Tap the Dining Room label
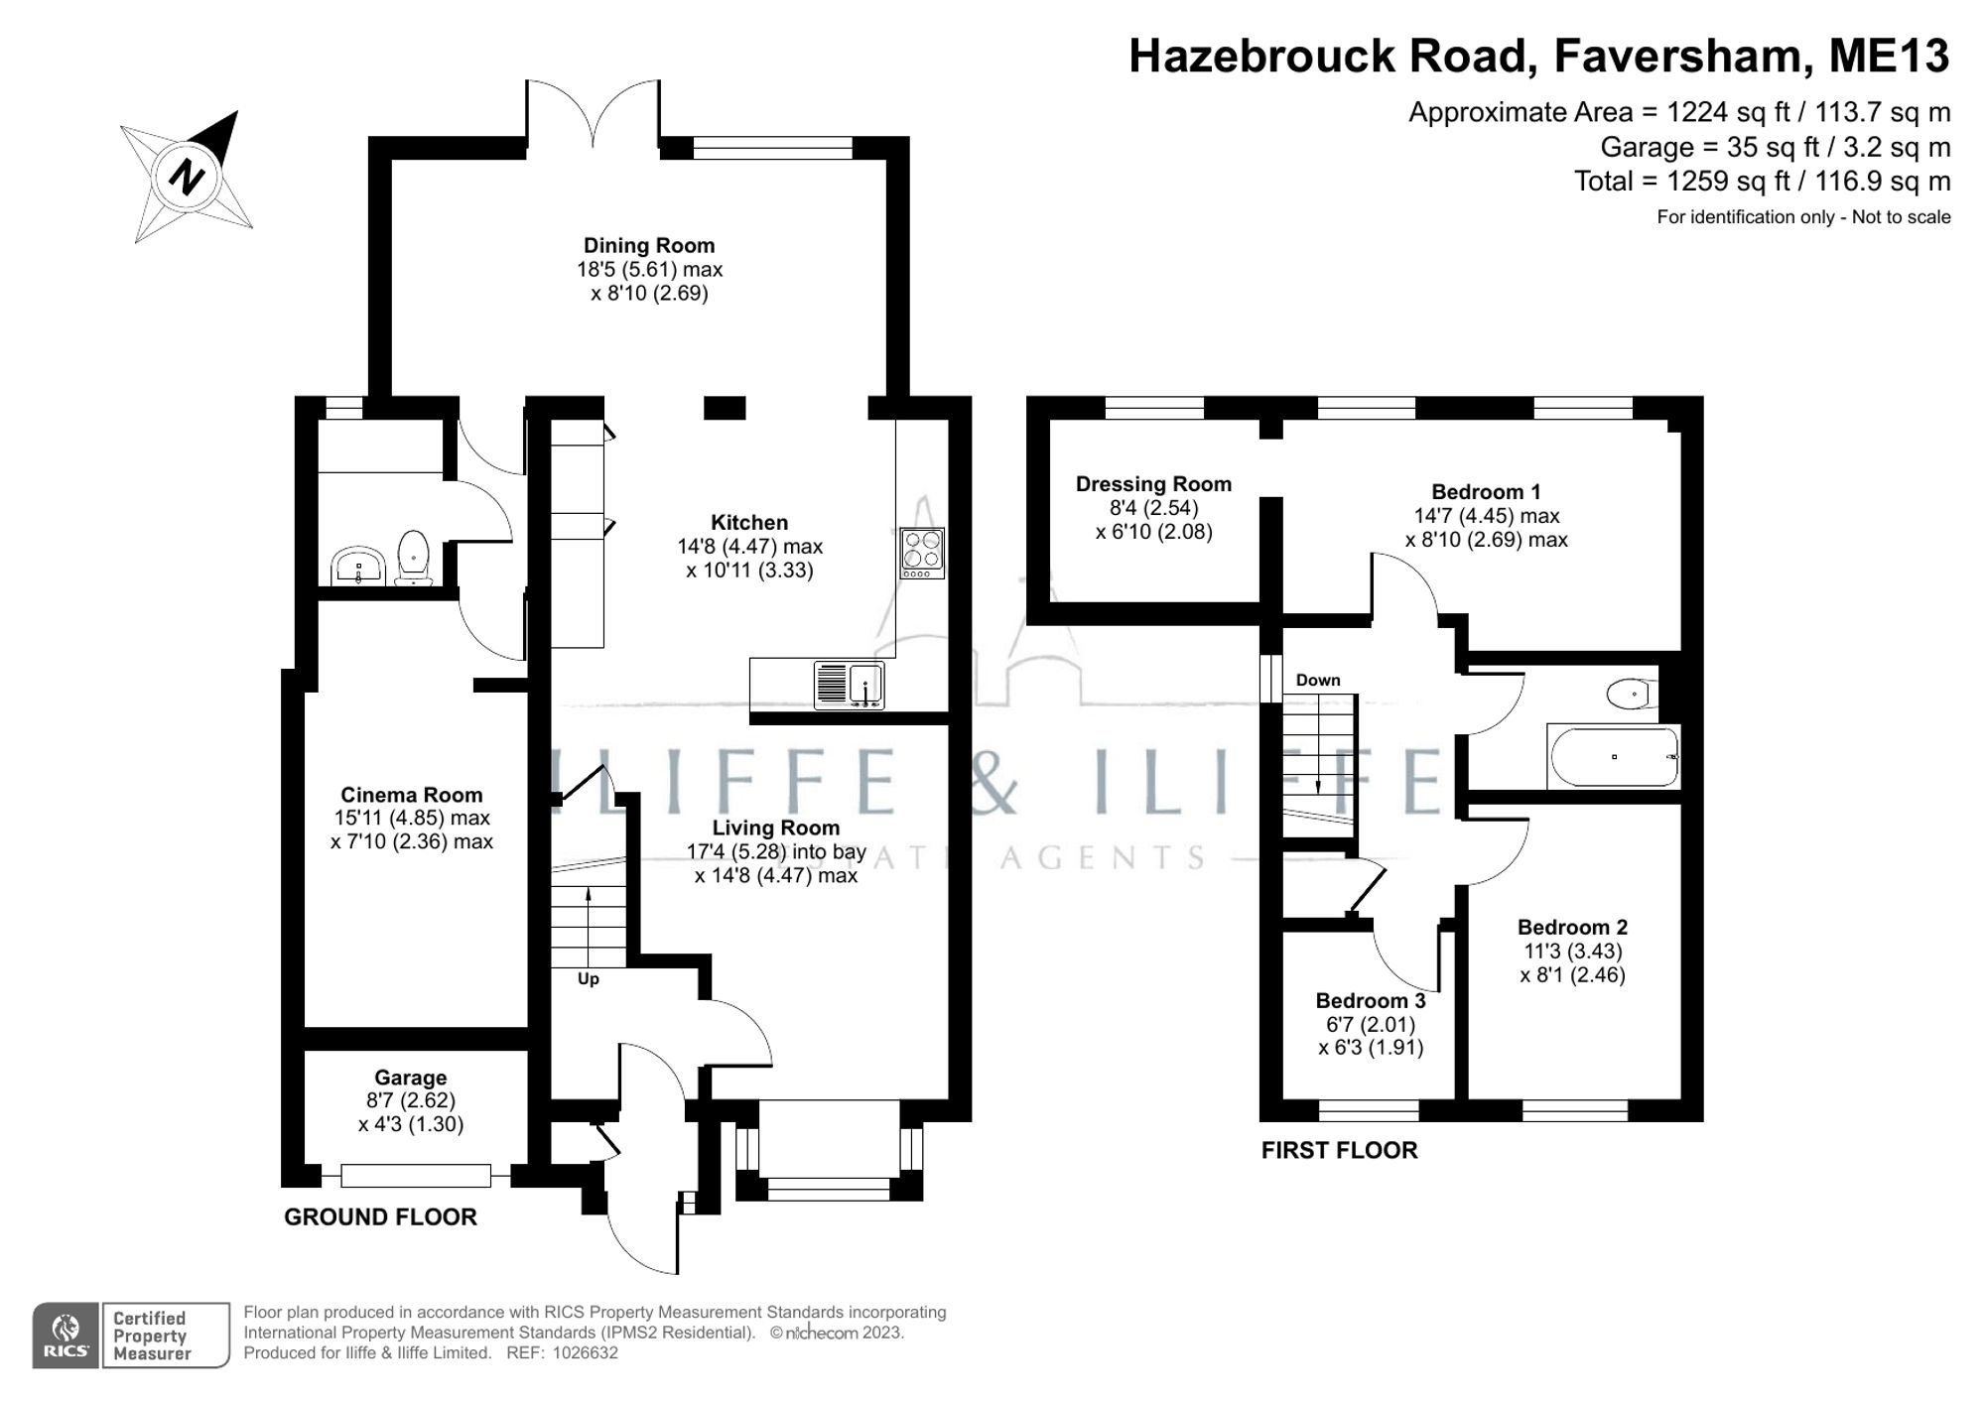point(649,246)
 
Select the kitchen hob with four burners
point(922,553)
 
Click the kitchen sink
point(850,685)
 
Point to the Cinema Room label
point(411,795)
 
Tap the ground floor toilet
point(413,559)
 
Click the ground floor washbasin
point(357,566)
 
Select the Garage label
point(410,1078)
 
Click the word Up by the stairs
point(589,979)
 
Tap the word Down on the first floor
point(1318,681)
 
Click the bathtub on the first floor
point(1614,757)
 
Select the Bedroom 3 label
point(1371,1000)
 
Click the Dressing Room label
point(1153,484)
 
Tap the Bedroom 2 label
point(1572,928)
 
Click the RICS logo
point(66,1336)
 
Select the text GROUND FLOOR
point(380,1217)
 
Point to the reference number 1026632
point(585,1353)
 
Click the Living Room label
point(775,829)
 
